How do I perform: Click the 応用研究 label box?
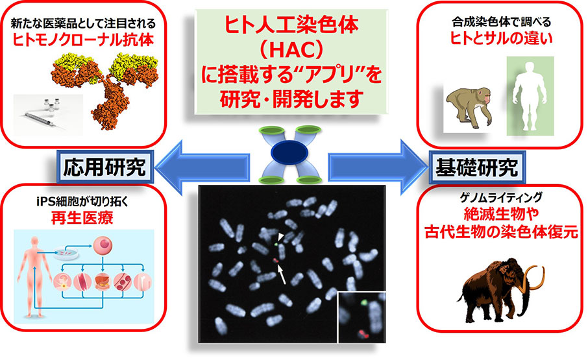105,167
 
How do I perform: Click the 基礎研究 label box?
477,167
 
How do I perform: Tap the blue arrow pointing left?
202,167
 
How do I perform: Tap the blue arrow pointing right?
378,167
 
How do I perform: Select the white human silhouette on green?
530,96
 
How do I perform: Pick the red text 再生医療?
82,218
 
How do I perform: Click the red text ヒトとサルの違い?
501,38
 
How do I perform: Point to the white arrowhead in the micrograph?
281,236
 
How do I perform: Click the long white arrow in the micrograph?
281,274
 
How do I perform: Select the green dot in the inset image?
363,302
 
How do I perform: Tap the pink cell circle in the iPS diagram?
103,246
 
